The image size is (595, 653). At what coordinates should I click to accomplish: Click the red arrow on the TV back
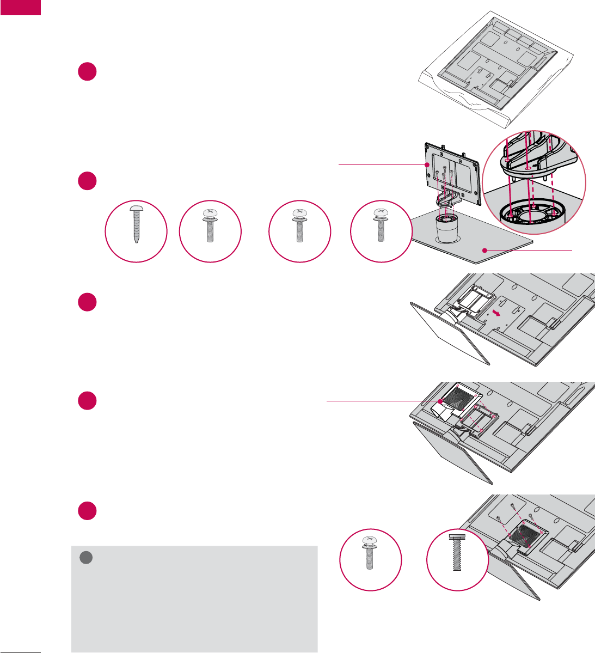coord(496,313)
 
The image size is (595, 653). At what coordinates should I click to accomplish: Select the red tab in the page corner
coord(20,8)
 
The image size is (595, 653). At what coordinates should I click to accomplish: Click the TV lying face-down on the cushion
coord(490,65)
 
